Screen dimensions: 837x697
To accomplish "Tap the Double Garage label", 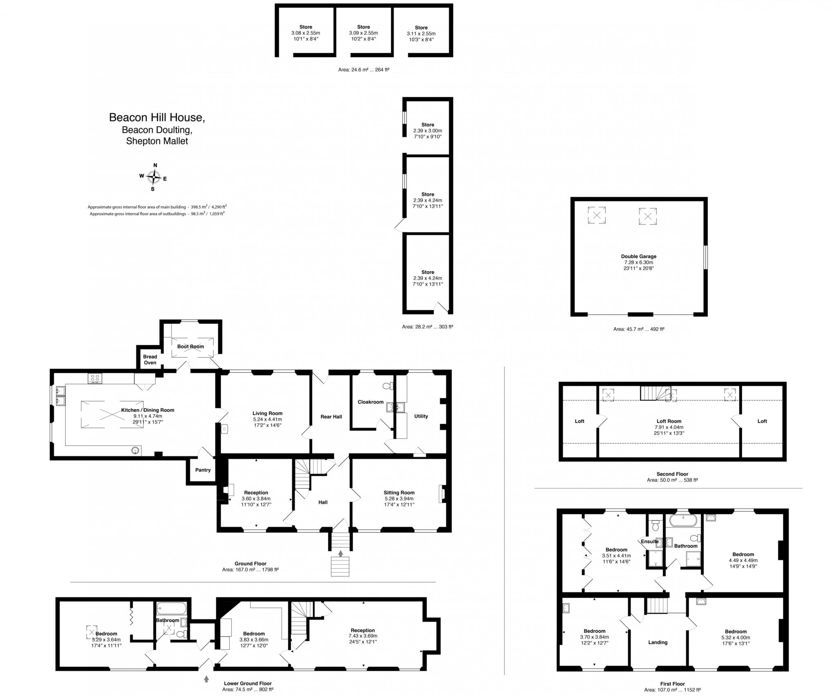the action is [x=638, y=257].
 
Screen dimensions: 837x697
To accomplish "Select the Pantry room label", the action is [x=203, y=470].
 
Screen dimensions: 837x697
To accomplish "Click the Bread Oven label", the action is [x=150, y=360].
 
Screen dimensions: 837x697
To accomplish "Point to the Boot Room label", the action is [x=190, y=346].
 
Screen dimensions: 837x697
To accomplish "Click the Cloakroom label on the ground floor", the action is [x=371, y=402].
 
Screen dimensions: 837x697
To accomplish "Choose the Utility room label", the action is [x=421, y=416].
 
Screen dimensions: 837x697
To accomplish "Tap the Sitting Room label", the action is [x=399, y=493].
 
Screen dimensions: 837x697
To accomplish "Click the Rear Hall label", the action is [x=331, y=417].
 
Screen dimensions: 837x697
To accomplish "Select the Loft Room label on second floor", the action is [x=669, y=421].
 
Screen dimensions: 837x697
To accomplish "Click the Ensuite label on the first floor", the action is [x=649, y=542].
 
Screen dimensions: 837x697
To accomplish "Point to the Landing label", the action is [x=658, y=642].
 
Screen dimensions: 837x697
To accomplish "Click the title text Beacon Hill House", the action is [x=157, y=118].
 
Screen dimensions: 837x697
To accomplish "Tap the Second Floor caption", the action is [x=672, y=474].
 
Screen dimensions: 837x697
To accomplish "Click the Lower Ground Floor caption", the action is [x=248, y=683].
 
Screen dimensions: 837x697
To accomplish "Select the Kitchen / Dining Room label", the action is [x=148, y=410].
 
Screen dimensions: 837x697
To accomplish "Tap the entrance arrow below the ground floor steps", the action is [x=340, y=554].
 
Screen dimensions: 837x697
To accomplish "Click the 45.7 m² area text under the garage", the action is [x=638, y=329].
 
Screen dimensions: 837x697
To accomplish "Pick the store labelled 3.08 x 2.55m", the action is [x=306, y=33].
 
